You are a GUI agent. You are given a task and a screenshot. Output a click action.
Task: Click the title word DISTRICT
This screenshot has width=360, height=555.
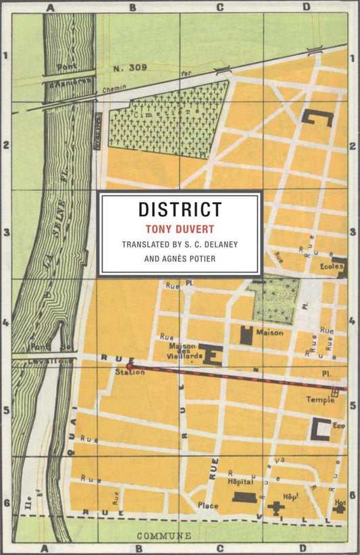point(180,210)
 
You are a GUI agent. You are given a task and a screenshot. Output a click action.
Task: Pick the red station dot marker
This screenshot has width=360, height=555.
point(128,366)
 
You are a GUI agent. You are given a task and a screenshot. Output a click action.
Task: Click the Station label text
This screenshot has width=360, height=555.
point(130,372)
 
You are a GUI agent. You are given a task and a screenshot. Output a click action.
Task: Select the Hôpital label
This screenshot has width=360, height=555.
point(240,482)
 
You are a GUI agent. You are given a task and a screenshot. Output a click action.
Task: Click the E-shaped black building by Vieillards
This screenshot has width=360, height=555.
point(211,354)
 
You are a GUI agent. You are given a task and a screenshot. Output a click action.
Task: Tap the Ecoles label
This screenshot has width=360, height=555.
point(332,266)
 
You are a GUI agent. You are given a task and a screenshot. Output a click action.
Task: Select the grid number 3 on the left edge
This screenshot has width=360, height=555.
point(6,233)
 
